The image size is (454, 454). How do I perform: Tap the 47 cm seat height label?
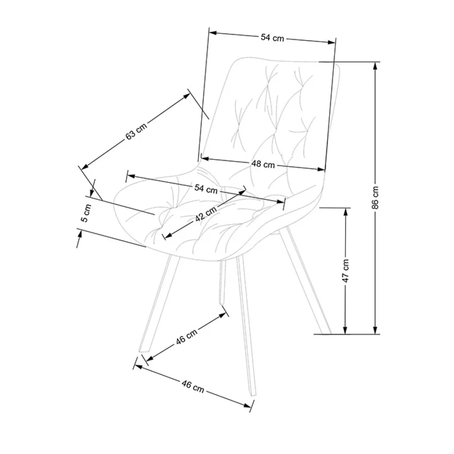coord(346,271)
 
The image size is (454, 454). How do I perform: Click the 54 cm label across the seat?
coord(206,189)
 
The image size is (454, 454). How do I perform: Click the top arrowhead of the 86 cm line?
coord(375,66)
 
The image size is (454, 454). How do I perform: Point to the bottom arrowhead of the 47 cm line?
coord(345,330)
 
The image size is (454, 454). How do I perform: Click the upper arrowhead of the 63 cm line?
coord(186,96)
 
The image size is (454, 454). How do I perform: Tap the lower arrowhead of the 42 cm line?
coord(167,235)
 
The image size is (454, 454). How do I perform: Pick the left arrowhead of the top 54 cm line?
coord(213,32)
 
